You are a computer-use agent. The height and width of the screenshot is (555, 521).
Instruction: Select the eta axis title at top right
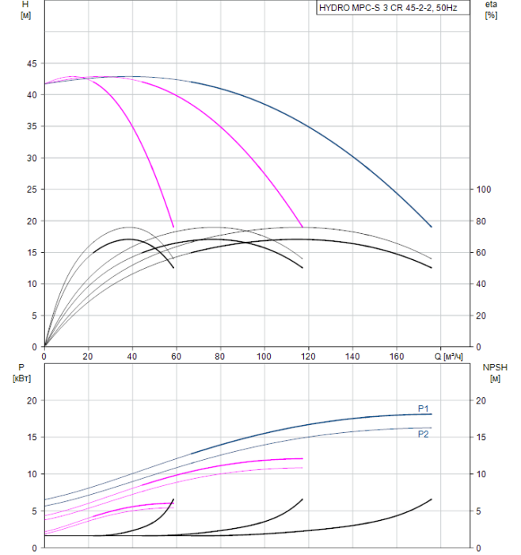[x=491, y=5]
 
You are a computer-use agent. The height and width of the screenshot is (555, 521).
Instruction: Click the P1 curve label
[x=424, y=408]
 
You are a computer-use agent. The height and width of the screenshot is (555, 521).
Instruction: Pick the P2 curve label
[x=424, y=434]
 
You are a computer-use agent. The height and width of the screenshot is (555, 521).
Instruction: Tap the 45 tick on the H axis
[x=32, y=63]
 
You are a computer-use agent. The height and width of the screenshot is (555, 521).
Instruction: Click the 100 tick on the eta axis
[x=481, y=189]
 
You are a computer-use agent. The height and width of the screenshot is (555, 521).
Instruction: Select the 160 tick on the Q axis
[x=397, y=356]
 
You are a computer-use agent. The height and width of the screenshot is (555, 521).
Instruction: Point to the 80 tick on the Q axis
[x=221, y=356]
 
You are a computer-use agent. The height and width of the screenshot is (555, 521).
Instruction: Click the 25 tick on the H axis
[x=32, y=189]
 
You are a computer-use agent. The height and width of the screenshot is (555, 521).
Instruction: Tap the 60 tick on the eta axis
[x=479, y=252]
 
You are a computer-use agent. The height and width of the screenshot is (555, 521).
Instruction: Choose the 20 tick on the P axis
[x=32, y=400]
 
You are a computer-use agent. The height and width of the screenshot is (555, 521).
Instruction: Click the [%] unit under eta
[x=491, y=16]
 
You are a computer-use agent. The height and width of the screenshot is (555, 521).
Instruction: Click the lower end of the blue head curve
[x=432, y=227]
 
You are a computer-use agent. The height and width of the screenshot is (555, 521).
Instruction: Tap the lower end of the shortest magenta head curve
[x=173, y=227]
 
